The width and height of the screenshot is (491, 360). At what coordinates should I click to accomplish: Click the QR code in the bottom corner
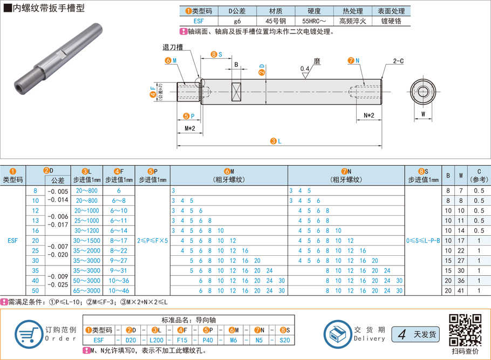(x=465, y=330)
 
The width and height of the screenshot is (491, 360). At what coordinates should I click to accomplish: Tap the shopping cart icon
(x=28, y=334)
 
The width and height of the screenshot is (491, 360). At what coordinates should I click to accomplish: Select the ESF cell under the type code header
(x=199, y=21)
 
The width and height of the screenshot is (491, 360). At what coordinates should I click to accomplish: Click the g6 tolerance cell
(x=237, y=21)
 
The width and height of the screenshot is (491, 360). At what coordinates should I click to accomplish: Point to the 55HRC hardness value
(x=314, y=21)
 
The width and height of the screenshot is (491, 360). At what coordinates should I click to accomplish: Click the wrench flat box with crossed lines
(x=236, y=92)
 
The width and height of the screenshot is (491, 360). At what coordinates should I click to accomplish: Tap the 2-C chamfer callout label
(x=398, y=61)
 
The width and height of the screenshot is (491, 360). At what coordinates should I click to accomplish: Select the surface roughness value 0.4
(x=304, y=69)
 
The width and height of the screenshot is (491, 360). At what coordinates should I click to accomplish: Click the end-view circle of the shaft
(x=423, y=92)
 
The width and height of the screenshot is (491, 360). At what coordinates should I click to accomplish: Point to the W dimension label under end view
(x=423, y=114)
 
